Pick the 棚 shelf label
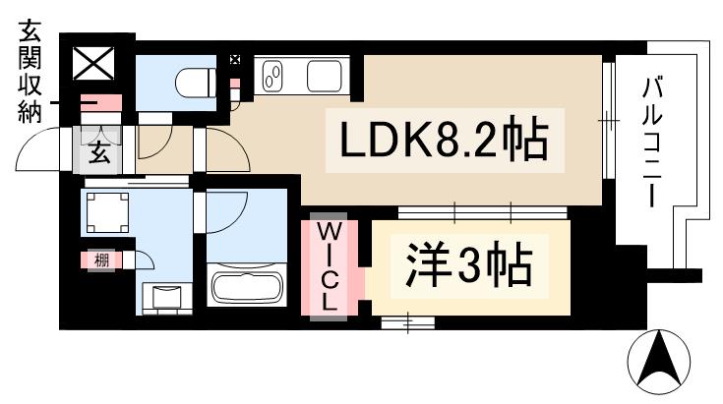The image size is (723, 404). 101,260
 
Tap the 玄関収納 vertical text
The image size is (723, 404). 27,74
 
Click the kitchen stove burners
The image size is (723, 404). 274,74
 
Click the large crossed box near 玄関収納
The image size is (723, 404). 95,65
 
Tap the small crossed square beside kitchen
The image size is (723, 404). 234,60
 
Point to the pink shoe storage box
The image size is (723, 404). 98,102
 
